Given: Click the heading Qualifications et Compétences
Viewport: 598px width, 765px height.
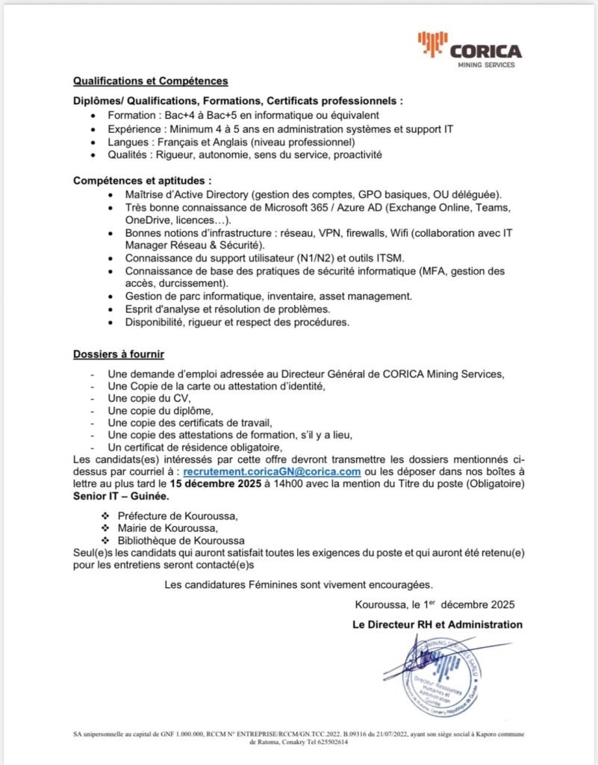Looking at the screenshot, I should [150, 81].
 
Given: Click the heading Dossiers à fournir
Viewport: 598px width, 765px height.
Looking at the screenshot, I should [119, 353].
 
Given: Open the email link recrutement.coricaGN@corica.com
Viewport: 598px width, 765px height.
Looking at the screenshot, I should [272, 473].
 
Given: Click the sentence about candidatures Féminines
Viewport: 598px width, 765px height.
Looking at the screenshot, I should [299, 584].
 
